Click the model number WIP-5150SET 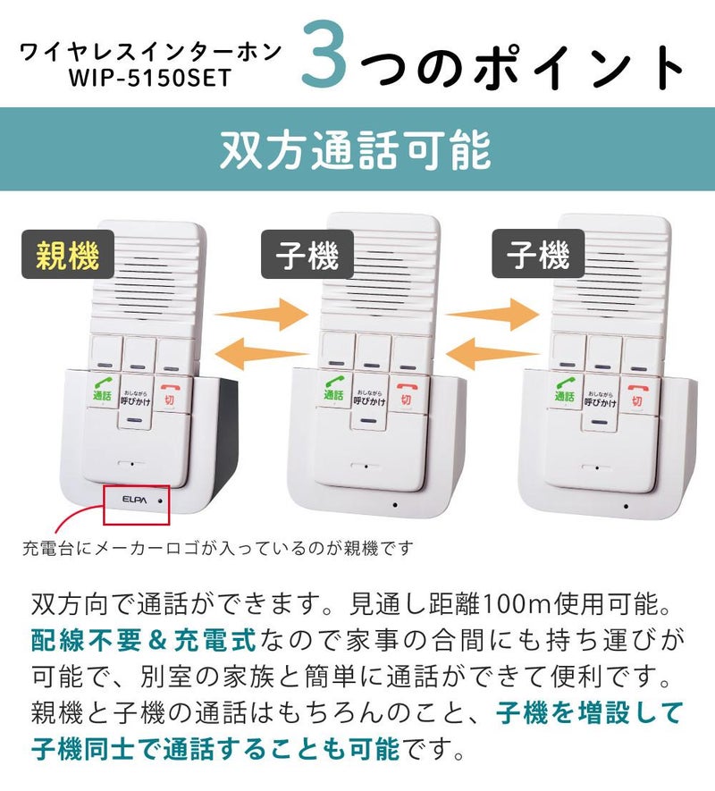[150, 78]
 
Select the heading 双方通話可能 [357, 150]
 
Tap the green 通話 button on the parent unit [101, 391]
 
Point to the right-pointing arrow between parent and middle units [260, 314]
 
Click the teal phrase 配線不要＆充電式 [143, 640]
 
